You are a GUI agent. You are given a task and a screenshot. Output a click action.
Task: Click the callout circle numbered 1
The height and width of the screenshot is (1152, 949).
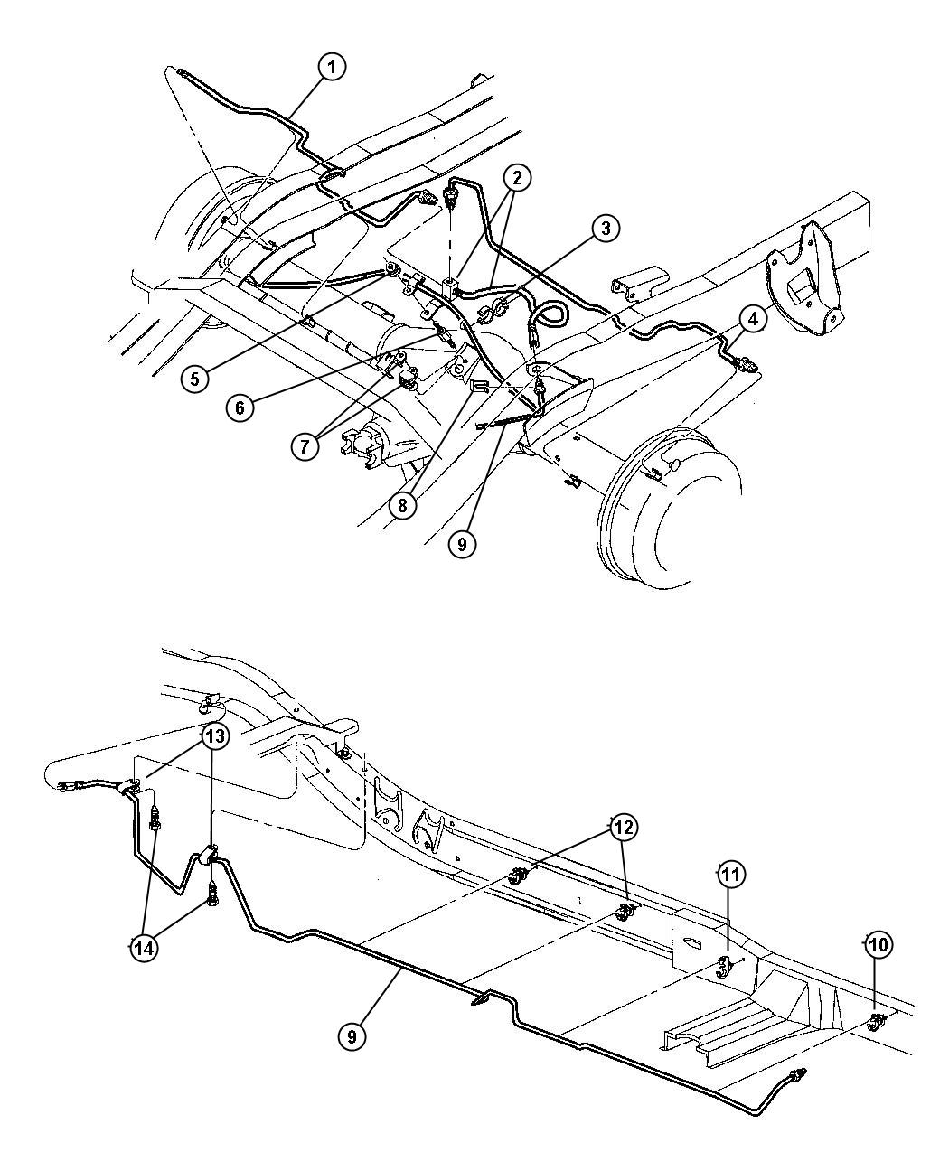(x=332, y=67)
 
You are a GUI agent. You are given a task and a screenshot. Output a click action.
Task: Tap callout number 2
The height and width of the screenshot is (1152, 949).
(x=517, y=178)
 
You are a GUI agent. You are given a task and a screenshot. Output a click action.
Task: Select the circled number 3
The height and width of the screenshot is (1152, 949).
(x=606, y=229)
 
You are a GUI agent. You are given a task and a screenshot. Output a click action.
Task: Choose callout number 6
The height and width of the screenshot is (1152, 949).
(x=240, y=407)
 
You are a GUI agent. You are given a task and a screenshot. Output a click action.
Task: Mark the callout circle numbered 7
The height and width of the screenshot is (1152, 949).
(x=305, y=445)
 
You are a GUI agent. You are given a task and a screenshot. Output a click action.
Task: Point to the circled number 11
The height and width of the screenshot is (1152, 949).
(x=730, y=875)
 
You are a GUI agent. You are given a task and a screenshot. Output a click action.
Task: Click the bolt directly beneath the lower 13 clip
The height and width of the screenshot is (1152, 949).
(x=212, y=902)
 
